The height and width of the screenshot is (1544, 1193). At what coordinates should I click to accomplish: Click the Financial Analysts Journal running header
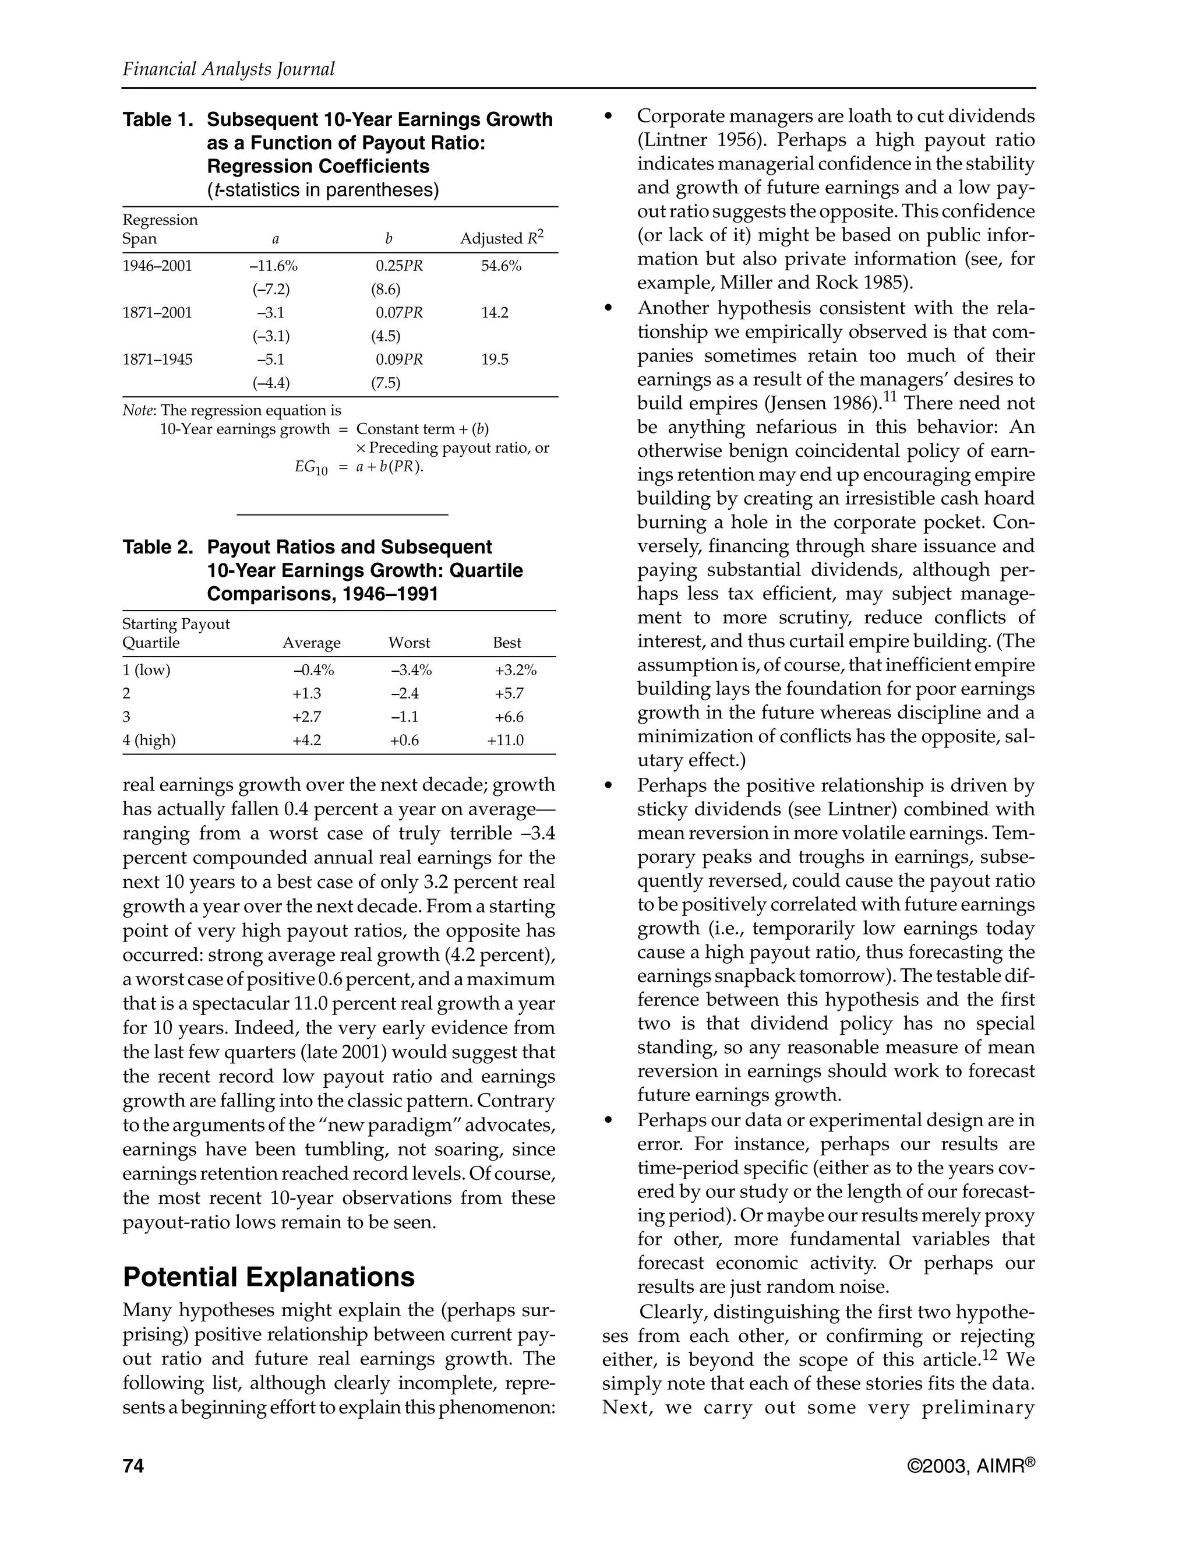click(x=228, y=69)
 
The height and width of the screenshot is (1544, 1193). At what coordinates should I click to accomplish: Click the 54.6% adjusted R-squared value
click(x=501, y=266)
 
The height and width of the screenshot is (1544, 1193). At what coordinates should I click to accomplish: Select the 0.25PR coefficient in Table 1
click(x=398, y=266)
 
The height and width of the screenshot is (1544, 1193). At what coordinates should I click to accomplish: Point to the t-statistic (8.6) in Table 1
click(x=386, y=289)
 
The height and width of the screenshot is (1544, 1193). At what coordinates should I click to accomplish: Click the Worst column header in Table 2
click(x=409, y=643)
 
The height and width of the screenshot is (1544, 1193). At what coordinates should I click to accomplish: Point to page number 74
click(x=133, y=1467)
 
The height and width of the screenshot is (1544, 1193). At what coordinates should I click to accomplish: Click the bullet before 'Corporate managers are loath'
click(x=607, y=117)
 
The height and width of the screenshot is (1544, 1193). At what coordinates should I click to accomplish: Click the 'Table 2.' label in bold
click(x=158, y=547)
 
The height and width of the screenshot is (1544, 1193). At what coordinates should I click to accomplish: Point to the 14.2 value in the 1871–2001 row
click(x=495, y=312)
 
